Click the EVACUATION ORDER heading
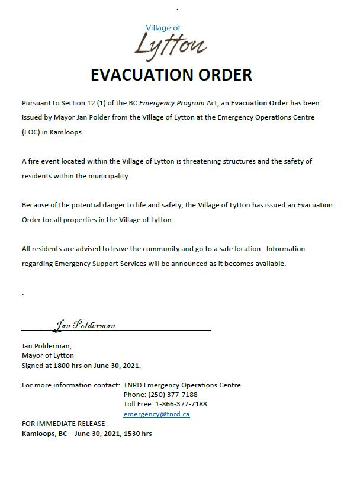(171, 75)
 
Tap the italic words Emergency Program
(168, 103)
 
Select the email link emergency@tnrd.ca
(156, 414)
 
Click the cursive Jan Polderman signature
(85, 325)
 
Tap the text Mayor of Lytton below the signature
(48, 355)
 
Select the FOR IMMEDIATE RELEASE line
(63, 424)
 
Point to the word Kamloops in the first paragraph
(67, 132)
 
